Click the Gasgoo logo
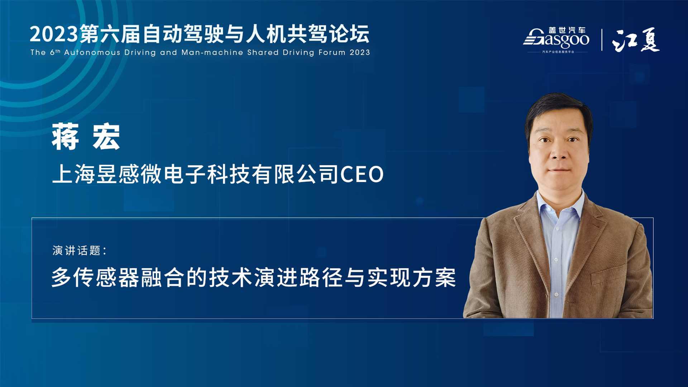click(556, 39)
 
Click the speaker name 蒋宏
click(86, 137)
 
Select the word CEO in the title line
click(362, 175)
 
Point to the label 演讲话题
click(76, 250)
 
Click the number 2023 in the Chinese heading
click(54, 34)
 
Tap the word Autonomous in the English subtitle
click(92, 52)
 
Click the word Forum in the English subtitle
click(332, 52)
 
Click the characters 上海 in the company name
click(74, 175)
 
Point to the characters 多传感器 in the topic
click(95, 277)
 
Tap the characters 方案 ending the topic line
click(434, 277)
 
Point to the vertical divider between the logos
click(602, 40)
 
